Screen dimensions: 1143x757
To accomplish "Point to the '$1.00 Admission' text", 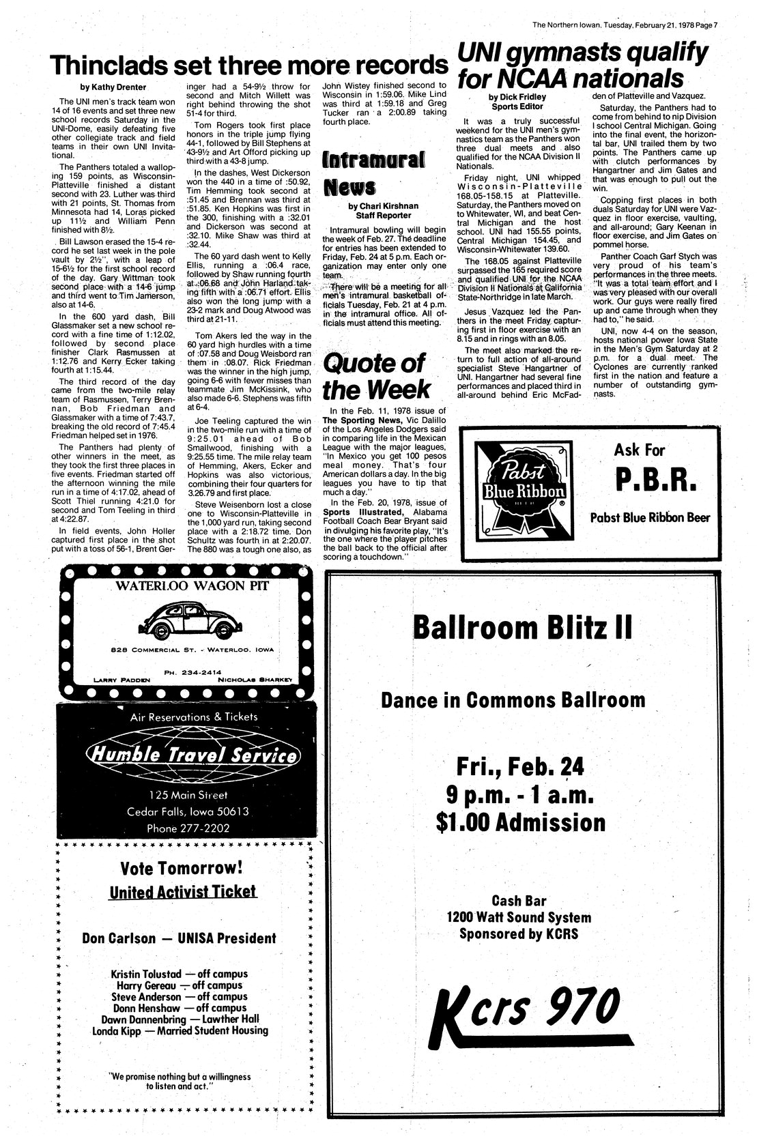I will pyautogui.click(x=521, y=822).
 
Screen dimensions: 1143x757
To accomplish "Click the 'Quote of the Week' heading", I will pyautogui.click(x=377, y=376).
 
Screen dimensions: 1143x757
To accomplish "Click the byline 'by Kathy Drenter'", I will pyautogui.click(x=113, y=87).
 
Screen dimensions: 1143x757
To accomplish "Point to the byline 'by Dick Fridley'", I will pyautogui.click(x=517, y=97).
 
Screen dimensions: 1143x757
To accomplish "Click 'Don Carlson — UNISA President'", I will pyautogui.click(x=179, y=938).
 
